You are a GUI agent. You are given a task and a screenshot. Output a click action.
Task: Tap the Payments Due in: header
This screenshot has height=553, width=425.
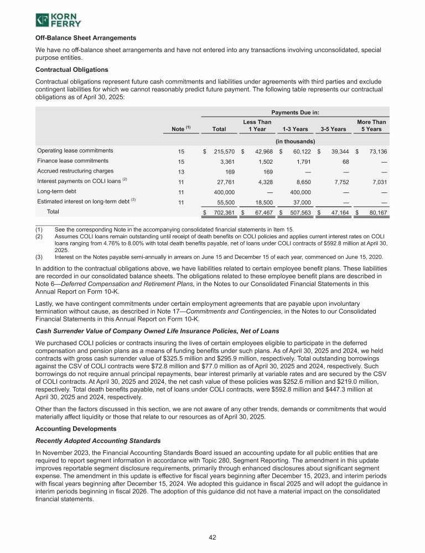coord(293,111)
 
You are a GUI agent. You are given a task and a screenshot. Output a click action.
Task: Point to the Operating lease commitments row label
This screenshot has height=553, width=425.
coord(75,150)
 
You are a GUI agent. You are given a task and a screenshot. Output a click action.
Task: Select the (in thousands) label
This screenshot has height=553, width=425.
coord(295,140)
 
